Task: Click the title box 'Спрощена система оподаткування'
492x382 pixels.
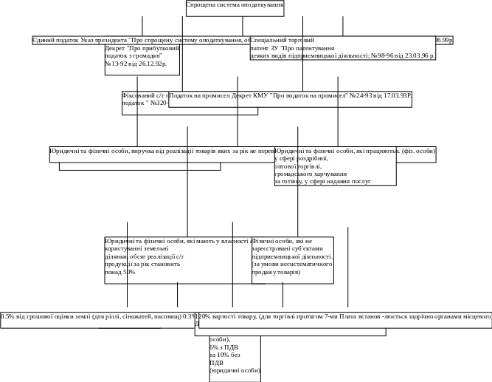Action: click(235, 7)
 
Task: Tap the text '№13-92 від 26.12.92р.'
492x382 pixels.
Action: click(136, 64)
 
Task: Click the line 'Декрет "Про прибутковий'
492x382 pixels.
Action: click(142, 48)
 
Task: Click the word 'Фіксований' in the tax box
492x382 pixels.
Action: click(138, 95)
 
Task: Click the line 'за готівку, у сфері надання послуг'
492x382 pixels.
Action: click(322, 181)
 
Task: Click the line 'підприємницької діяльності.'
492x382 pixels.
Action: click(292, 256)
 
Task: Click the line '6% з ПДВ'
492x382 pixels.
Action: click(224, 347)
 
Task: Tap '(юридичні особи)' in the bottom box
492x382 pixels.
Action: click(235, 371)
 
